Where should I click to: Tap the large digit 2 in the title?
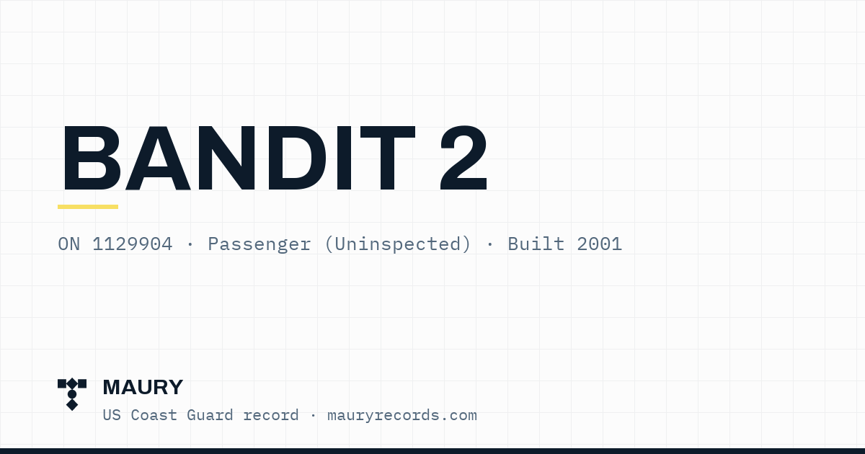(x=463, y=158)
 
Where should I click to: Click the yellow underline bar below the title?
(x=88, y=207)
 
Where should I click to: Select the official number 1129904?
(x=132, y=244)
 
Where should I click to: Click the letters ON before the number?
(x=68, y=244)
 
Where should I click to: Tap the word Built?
(x=536, y=244)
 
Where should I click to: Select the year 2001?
(x=599, y=244)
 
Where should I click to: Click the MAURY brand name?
(x=143, y=387)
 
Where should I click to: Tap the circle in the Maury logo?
(x=72, y=394)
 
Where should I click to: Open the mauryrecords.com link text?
(x=402, y=416)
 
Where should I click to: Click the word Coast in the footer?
(x=154, y=415)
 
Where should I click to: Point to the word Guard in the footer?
(x=210, y=415)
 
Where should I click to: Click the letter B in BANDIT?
(x=91, y=159)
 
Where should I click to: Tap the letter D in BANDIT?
(x=296, y=159)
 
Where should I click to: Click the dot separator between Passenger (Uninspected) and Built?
(x=489, y=244)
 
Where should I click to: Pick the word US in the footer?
(x=112, y=415)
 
